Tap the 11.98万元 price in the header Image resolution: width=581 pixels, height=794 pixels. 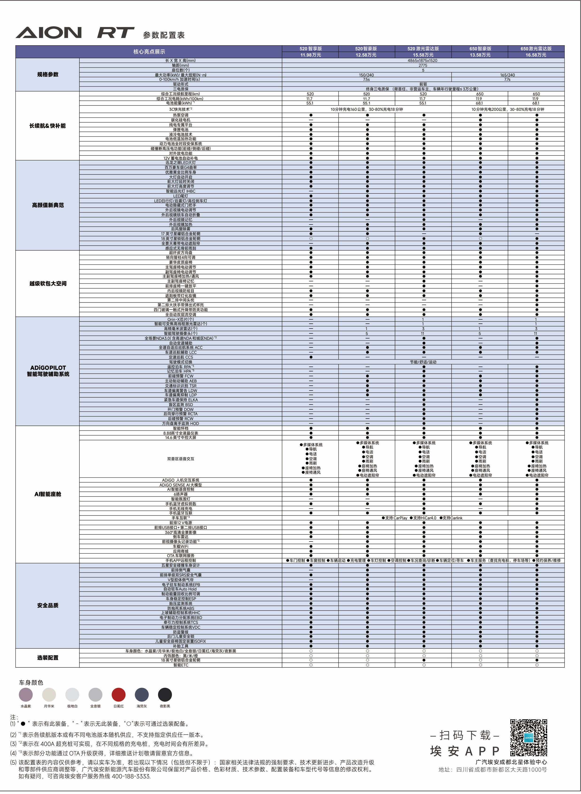coord(310,55)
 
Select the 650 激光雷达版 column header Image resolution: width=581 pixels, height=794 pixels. coord(536,49)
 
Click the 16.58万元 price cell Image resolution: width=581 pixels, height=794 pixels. coord(536,55)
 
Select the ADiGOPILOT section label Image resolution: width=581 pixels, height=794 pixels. coord(48,368)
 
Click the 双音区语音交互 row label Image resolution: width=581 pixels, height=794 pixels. coord(180,459)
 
